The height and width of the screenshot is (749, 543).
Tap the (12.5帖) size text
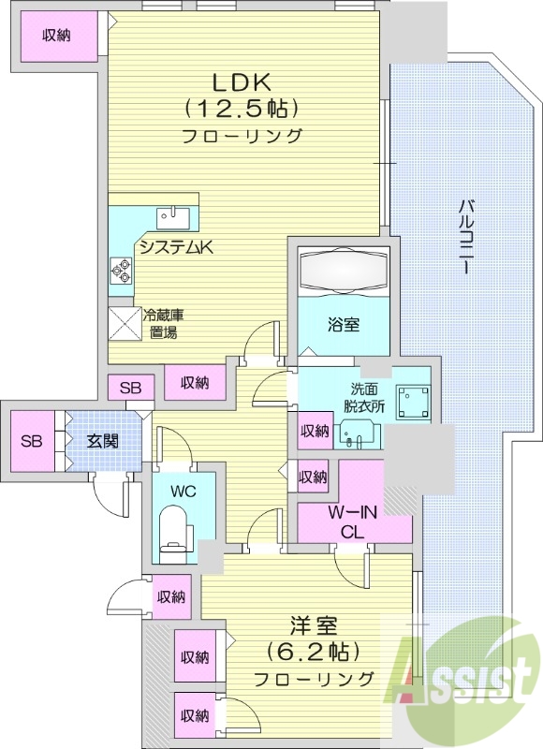pyautogui.click(x=241, y=108)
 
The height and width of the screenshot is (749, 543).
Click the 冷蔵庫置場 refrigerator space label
pyautogui.click(x=160, y=323)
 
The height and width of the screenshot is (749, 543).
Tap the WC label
pyautogui.click(x=183, y=490)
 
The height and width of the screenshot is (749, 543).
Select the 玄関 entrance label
pyautogui.click(x=103, y=441)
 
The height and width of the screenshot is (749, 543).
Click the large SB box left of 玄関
pyautogui.click(x=32, y=441)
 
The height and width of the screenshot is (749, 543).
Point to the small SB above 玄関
pyautogui.click(x=130, y=388)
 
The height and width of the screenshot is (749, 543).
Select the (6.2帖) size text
pyautogui.click(x=306, y=651)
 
